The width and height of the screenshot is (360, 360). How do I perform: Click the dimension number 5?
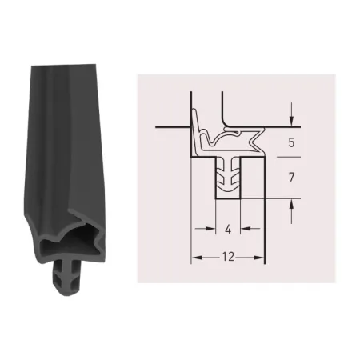pyautogui.click(x=291, y=142)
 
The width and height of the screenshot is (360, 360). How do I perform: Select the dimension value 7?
pyautogui.click(x=291, y=177)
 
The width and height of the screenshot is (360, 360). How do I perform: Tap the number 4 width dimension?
pyautogui.click(x=228, y=229)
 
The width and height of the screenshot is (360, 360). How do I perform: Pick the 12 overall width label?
pyautogui.click(x=228, y=257)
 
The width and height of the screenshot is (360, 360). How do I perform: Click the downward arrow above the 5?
pyautogui.click(x=292, y=114)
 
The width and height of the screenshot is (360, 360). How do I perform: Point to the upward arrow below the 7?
pyautogui.click(x=292, y=211)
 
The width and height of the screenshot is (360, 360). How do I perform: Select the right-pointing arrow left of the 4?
pyautogui.click(x=205, y=229)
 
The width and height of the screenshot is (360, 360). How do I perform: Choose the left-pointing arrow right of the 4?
pyautogui.click(x=250, y=229)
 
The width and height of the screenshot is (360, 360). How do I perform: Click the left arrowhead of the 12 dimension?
pyautogui.click(x=196, y=258)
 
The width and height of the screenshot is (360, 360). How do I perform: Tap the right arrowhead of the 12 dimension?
pyautogui.click(x=259, y=258)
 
